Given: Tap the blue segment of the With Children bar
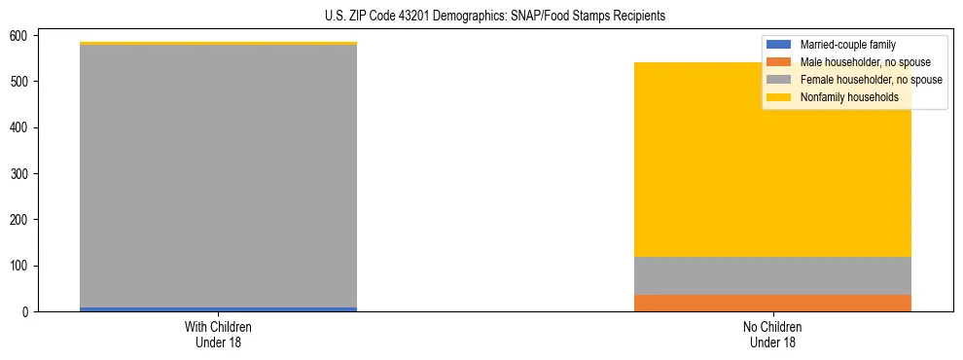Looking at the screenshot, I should pos(218,308).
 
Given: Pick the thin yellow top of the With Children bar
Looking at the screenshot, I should pos(218,44).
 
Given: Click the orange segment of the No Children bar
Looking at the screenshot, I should pos(772,303).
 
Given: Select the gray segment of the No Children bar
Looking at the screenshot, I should pos(772,275).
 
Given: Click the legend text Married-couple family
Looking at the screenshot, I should pos(847,45).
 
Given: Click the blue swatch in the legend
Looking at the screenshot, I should pos(779,45).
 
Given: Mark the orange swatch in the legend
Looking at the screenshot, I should pos(779,62).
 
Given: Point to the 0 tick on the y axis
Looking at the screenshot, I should pos(28,312).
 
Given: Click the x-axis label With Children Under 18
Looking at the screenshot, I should pos(218,334).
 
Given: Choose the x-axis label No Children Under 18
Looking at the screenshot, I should pos(772,334).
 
